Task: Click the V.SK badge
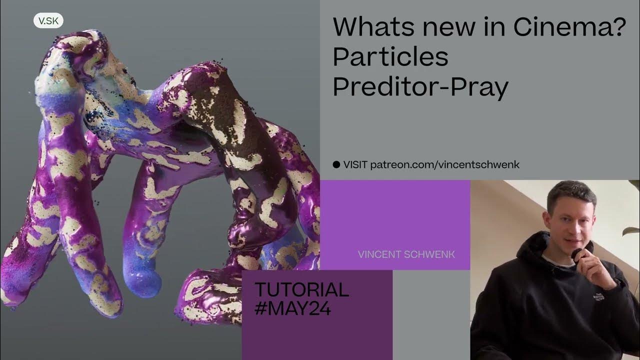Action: pos(48,21)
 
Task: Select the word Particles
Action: pos(390,57)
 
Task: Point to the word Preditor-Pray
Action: pos(420,87)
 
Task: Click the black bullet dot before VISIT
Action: pos(336,164)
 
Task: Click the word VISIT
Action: pos(355,164)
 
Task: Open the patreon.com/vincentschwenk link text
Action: pos(445,164)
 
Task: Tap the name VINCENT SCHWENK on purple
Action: pos(406,254)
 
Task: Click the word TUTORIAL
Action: pos(301,290)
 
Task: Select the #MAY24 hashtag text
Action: pos(292,308)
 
